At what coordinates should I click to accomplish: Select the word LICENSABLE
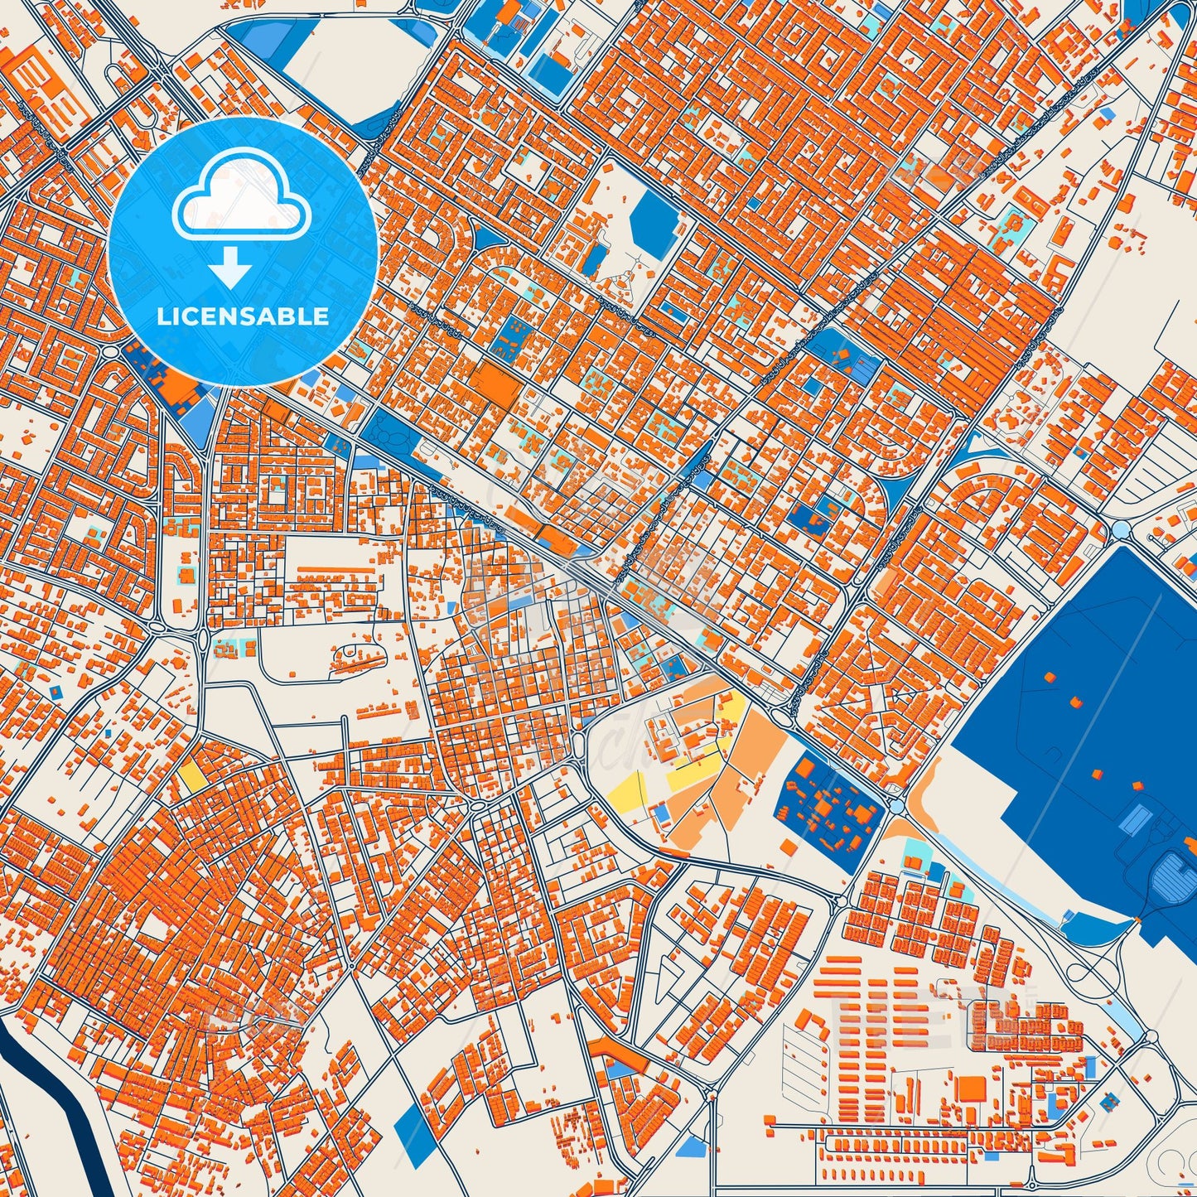click(x=243, y=316)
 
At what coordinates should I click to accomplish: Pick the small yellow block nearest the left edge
click(x=191, y=775)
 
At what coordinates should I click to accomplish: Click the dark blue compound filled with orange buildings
click(x=828, y=801)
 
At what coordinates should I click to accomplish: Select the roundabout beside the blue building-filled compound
click(x=897, y=804)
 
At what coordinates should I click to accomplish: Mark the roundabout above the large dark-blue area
click(x=1122, y=529)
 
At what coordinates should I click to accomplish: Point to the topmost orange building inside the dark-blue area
click(x=1050, y=677)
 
